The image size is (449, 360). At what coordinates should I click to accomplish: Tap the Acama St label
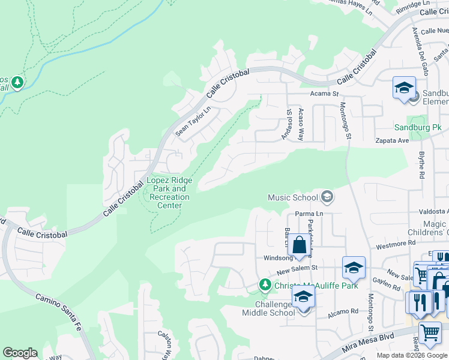point(325,94)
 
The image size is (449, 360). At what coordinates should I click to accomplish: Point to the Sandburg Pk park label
point(418,127)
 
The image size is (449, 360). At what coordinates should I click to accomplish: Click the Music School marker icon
point(327,197)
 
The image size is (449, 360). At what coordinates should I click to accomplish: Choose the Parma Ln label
point(309,214)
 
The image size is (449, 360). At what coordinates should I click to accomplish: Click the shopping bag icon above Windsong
point(299,245)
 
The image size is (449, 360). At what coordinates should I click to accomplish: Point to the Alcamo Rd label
point(343,311)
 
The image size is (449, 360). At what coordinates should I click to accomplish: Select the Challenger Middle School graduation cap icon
point(303,297)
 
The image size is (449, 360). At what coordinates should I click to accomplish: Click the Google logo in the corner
point(20,353)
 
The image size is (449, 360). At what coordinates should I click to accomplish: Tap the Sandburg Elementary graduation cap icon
point(404,86)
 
